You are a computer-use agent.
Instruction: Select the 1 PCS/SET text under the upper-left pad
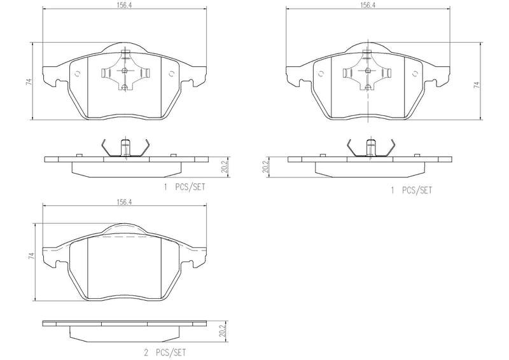coord(185,189)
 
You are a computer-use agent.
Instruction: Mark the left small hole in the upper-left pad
coord(78,73)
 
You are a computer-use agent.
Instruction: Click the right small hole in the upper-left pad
coord(171,73)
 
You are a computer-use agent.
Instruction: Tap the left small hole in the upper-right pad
coord(323,73)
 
